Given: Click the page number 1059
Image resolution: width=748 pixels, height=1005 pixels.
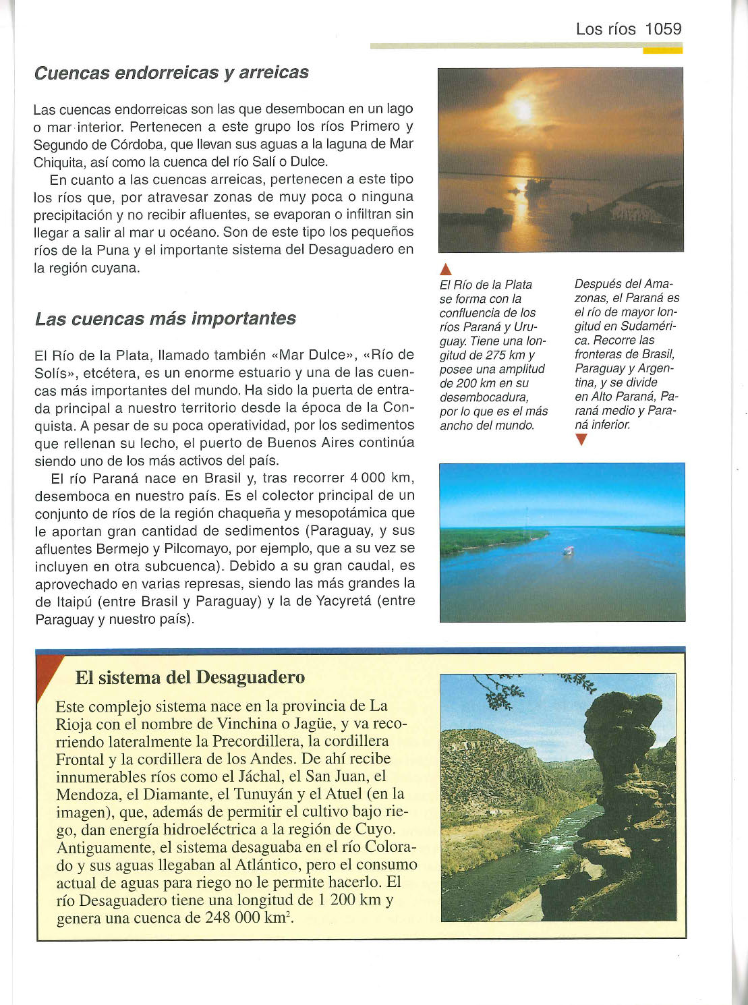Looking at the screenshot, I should click(x=663, y=29).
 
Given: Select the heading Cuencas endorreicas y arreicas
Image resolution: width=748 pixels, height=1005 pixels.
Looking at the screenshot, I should click(x=171, y=73).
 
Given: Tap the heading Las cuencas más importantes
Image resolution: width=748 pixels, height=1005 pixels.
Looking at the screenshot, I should click(x=165, y=318).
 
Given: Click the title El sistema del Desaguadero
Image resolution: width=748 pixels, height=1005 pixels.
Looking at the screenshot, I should click(x=190, y=677).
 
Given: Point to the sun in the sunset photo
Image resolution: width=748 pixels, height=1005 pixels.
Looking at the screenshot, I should click(x=523, y=109).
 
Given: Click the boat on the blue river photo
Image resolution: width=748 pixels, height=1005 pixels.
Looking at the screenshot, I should click(x=569, y=550).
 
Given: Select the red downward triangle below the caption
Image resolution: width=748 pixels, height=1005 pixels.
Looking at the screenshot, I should click(x=581, y=440).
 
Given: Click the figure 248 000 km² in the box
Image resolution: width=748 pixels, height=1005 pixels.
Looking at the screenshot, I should click(x=248, y=918).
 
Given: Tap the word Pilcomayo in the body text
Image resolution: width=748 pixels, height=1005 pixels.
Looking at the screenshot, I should click(x=193, y=548).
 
